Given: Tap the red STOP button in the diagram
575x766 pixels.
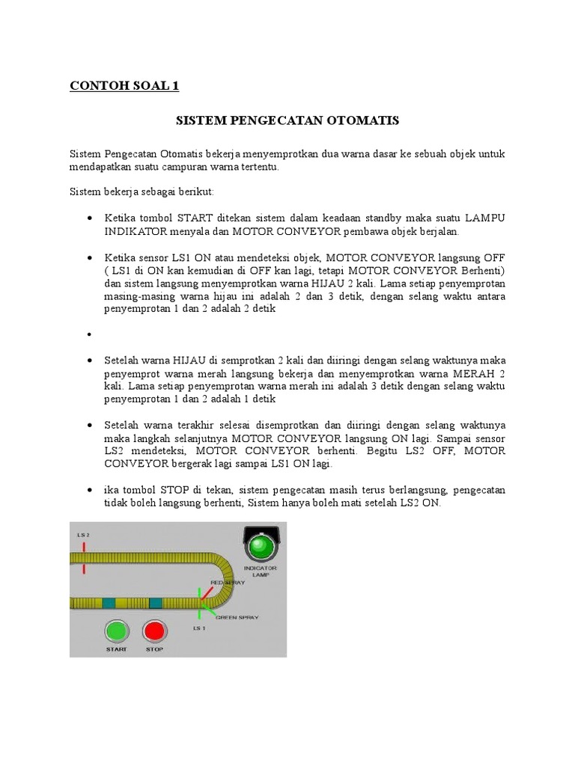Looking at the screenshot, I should coord(153,631).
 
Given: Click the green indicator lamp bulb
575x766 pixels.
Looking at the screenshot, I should coord(261,547).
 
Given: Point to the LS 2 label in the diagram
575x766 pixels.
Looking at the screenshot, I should coord(83,535).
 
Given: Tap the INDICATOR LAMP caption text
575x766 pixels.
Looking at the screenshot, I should coord(261,572).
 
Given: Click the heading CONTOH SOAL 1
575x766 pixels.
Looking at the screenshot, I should coord(124,86).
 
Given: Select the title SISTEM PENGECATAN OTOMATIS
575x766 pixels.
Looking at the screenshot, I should coord(287,120).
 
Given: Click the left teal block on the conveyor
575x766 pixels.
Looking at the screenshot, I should coord(109,603).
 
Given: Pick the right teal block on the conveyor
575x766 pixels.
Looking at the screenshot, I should coord(156,603).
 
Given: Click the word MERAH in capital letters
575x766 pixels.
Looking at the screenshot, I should coord(475,373).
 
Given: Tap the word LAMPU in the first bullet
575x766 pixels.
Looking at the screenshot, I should coord(484,217).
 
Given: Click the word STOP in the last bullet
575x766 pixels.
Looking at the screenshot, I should coord(159,490).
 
